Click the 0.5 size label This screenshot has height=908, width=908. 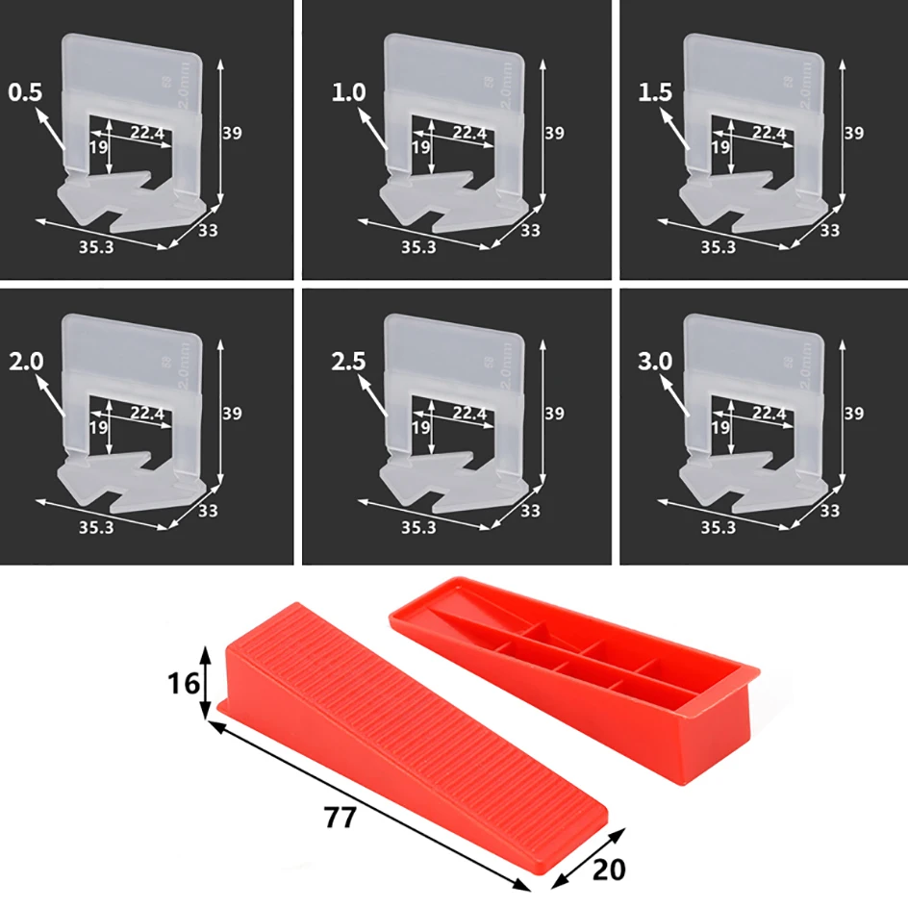click(x=26, y=93)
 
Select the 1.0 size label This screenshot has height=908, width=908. click(x=348, y=93)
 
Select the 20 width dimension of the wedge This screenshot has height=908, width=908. click(x=607, y=869)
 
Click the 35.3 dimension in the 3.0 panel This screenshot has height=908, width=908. click(x=719, y=528)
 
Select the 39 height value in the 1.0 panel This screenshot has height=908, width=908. click(x=554, y=133)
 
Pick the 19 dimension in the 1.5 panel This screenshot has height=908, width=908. click(x=719, y=147)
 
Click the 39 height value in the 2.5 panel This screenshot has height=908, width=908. click(x=554, y=414)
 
